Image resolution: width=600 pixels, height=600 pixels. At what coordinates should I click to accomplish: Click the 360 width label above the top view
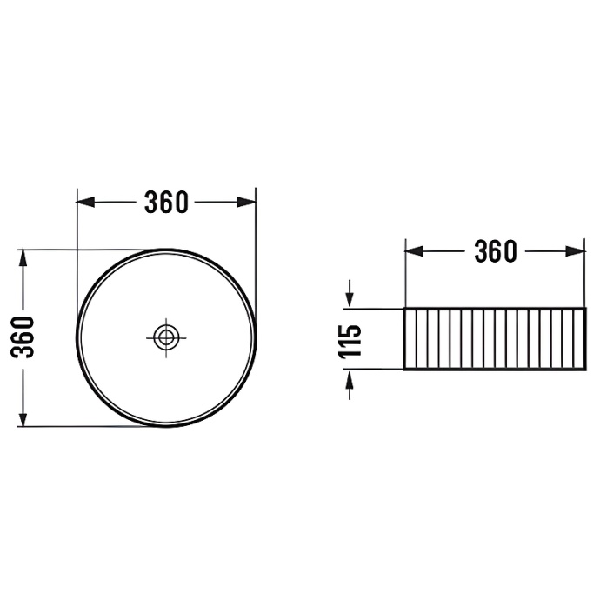pos(166,202)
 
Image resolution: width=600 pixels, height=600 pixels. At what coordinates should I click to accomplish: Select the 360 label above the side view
pos(495,251)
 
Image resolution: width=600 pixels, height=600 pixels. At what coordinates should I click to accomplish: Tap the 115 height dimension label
pos(350,340)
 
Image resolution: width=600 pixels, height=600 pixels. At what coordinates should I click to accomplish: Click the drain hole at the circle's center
pos(166,337)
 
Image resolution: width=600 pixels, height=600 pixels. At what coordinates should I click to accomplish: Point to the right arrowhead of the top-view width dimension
pos(250,202)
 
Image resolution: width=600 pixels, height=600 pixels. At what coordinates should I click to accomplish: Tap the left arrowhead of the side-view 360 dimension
pos(412,251)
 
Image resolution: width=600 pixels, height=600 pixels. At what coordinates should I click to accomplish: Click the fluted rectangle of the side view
pos(495,338)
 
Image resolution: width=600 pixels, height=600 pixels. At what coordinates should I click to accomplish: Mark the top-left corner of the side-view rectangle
pos(404,308)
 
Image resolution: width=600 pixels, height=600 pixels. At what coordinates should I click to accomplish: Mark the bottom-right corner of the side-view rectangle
pos(585,370)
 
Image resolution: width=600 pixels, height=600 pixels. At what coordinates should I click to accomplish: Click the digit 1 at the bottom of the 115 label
pos(350,353)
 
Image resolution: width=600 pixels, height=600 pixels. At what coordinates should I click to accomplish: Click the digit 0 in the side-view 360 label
pos(509,251)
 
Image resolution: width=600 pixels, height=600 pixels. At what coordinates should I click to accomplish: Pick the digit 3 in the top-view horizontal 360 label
pos(151,202)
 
